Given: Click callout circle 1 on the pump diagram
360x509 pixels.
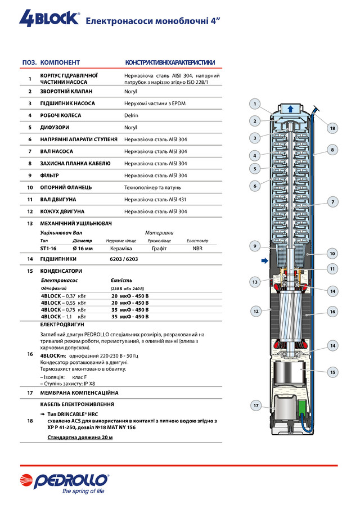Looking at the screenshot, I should tap(255, 103).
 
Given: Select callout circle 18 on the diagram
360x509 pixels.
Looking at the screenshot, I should tap(332, 129).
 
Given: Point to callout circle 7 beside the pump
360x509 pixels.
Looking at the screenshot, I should tap(332, 201).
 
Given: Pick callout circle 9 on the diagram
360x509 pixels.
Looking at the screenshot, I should tap(255, 246).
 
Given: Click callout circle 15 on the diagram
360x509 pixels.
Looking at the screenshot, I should tap(332, 372).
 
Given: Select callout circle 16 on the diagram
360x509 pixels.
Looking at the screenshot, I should tap(332, 311).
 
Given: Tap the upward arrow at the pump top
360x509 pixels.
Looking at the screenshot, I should tap(290, 109).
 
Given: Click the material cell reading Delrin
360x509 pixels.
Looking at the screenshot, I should tap(131, 115).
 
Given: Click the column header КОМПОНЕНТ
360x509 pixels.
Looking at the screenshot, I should tap(60, 62).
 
